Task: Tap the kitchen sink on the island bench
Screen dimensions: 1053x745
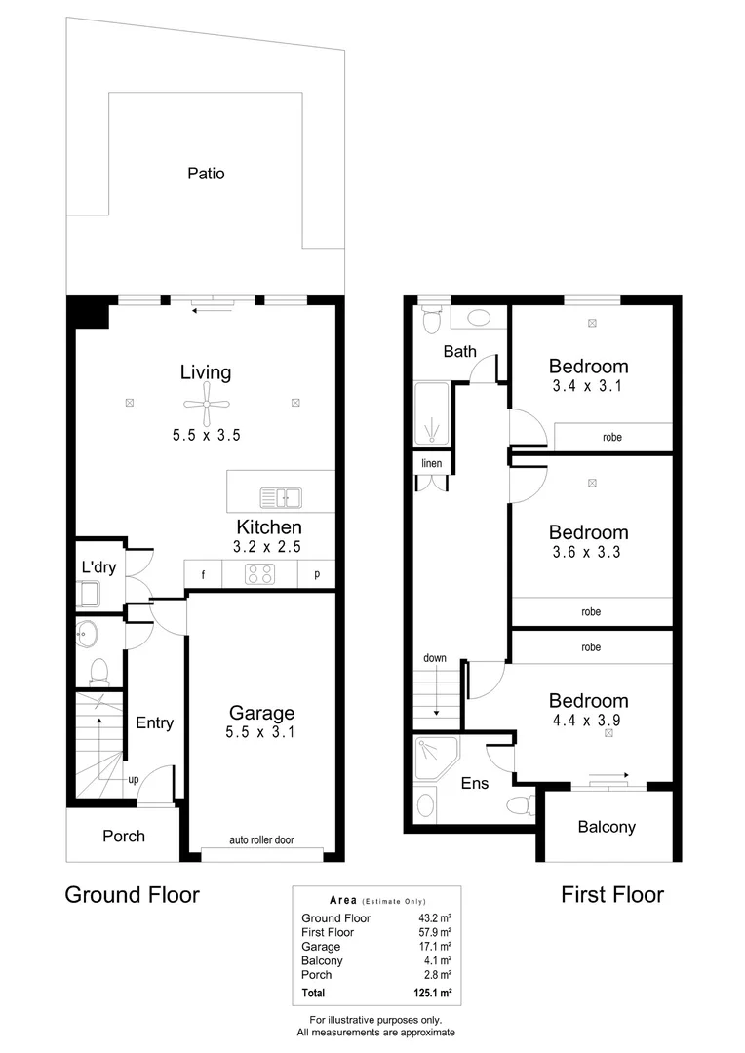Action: coord(282,497)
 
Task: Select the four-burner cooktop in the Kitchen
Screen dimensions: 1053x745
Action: coord(260,575)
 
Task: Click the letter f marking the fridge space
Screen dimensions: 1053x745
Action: coord(203,575)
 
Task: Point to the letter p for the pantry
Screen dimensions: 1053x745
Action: coord(317,575)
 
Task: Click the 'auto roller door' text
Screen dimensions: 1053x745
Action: coord(261,839)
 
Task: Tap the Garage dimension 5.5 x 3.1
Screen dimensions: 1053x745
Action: coord(261,730)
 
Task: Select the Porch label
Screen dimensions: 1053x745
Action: coord(124,836)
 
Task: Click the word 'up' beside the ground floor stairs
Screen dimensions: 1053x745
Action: coord(132,780)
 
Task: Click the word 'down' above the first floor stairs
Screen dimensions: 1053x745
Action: coord(434,658)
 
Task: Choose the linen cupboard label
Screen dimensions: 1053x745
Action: coord(430,462)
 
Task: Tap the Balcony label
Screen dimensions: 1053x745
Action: coord(607,827)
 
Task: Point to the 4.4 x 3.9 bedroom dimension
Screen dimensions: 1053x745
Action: coord(588,719)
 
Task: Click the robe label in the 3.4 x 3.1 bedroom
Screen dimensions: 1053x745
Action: coord(611,438)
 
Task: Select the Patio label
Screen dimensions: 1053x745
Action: coord(206,174)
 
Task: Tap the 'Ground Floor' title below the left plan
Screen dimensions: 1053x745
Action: coord(132,894)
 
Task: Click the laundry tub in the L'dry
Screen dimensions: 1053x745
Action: coord(90,592)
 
